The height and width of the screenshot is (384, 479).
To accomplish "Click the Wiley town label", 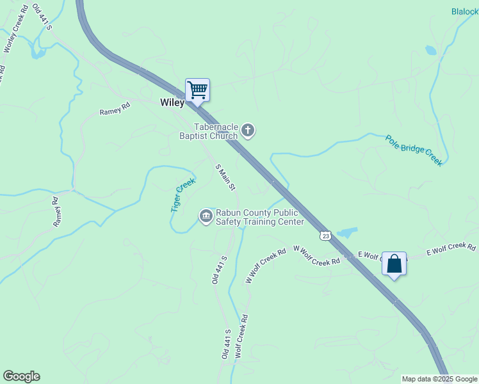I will tap(172, 102).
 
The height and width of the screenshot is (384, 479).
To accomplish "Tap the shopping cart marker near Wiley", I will tap(197, 90).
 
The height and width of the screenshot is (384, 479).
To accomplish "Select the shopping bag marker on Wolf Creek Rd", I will tap(394, 263).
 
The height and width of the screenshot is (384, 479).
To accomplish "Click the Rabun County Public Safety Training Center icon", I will tap(206, 216).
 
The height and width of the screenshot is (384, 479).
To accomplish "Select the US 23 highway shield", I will tap(326, 236).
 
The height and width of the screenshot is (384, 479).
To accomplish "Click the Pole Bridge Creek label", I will tap(414, 150).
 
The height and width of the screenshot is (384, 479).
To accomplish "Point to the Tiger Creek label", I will tap(183, 195).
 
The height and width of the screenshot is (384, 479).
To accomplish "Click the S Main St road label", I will tap(225, 177).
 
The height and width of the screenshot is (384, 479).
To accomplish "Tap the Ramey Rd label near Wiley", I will tap(115, 108).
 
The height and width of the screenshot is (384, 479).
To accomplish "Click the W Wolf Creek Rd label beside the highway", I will tap(316, 255).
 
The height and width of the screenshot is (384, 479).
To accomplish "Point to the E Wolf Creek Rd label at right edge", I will tap(451, 250).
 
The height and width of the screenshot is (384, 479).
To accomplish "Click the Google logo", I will tap(21, 376).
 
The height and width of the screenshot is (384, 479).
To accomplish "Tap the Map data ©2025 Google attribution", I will tap(439, 379).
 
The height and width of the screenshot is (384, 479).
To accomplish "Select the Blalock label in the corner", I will tap(464, 12).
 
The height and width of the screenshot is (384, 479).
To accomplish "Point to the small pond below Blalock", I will tap(431, 50).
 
